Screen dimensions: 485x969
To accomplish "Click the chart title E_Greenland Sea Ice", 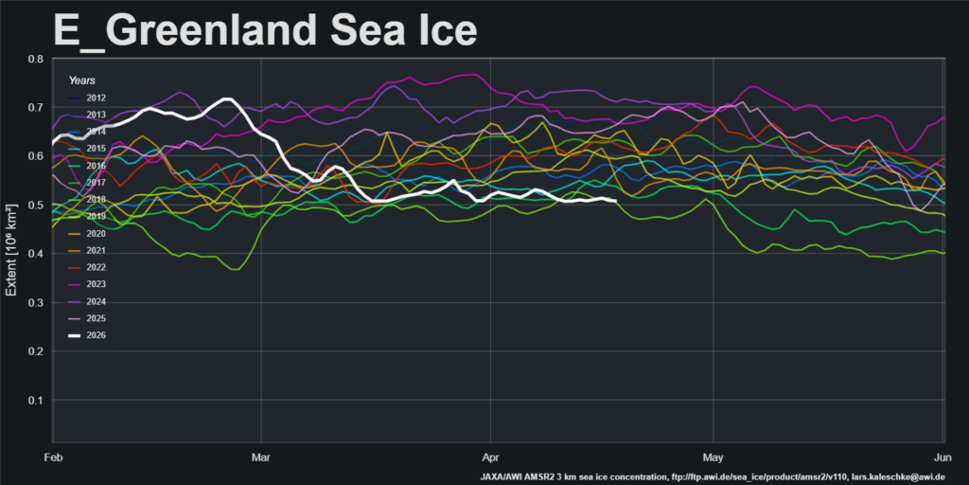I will [x=265, y=30].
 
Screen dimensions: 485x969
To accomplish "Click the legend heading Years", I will [x=81, y=81].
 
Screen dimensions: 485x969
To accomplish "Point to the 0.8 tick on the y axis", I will [x=35, y=59].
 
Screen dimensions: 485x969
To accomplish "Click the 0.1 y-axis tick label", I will [x=35, y=401].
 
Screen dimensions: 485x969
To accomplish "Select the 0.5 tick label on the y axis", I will [x=35, y=206].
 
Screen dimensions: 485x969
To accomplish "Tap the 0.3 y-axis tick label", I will [x=35, y=303].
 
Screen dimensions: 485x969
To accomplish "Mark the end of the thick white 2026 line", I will [x=616, y=201].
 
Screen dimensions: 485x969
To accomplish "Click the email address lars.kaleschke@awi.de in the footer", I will [x=890, y=476].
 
